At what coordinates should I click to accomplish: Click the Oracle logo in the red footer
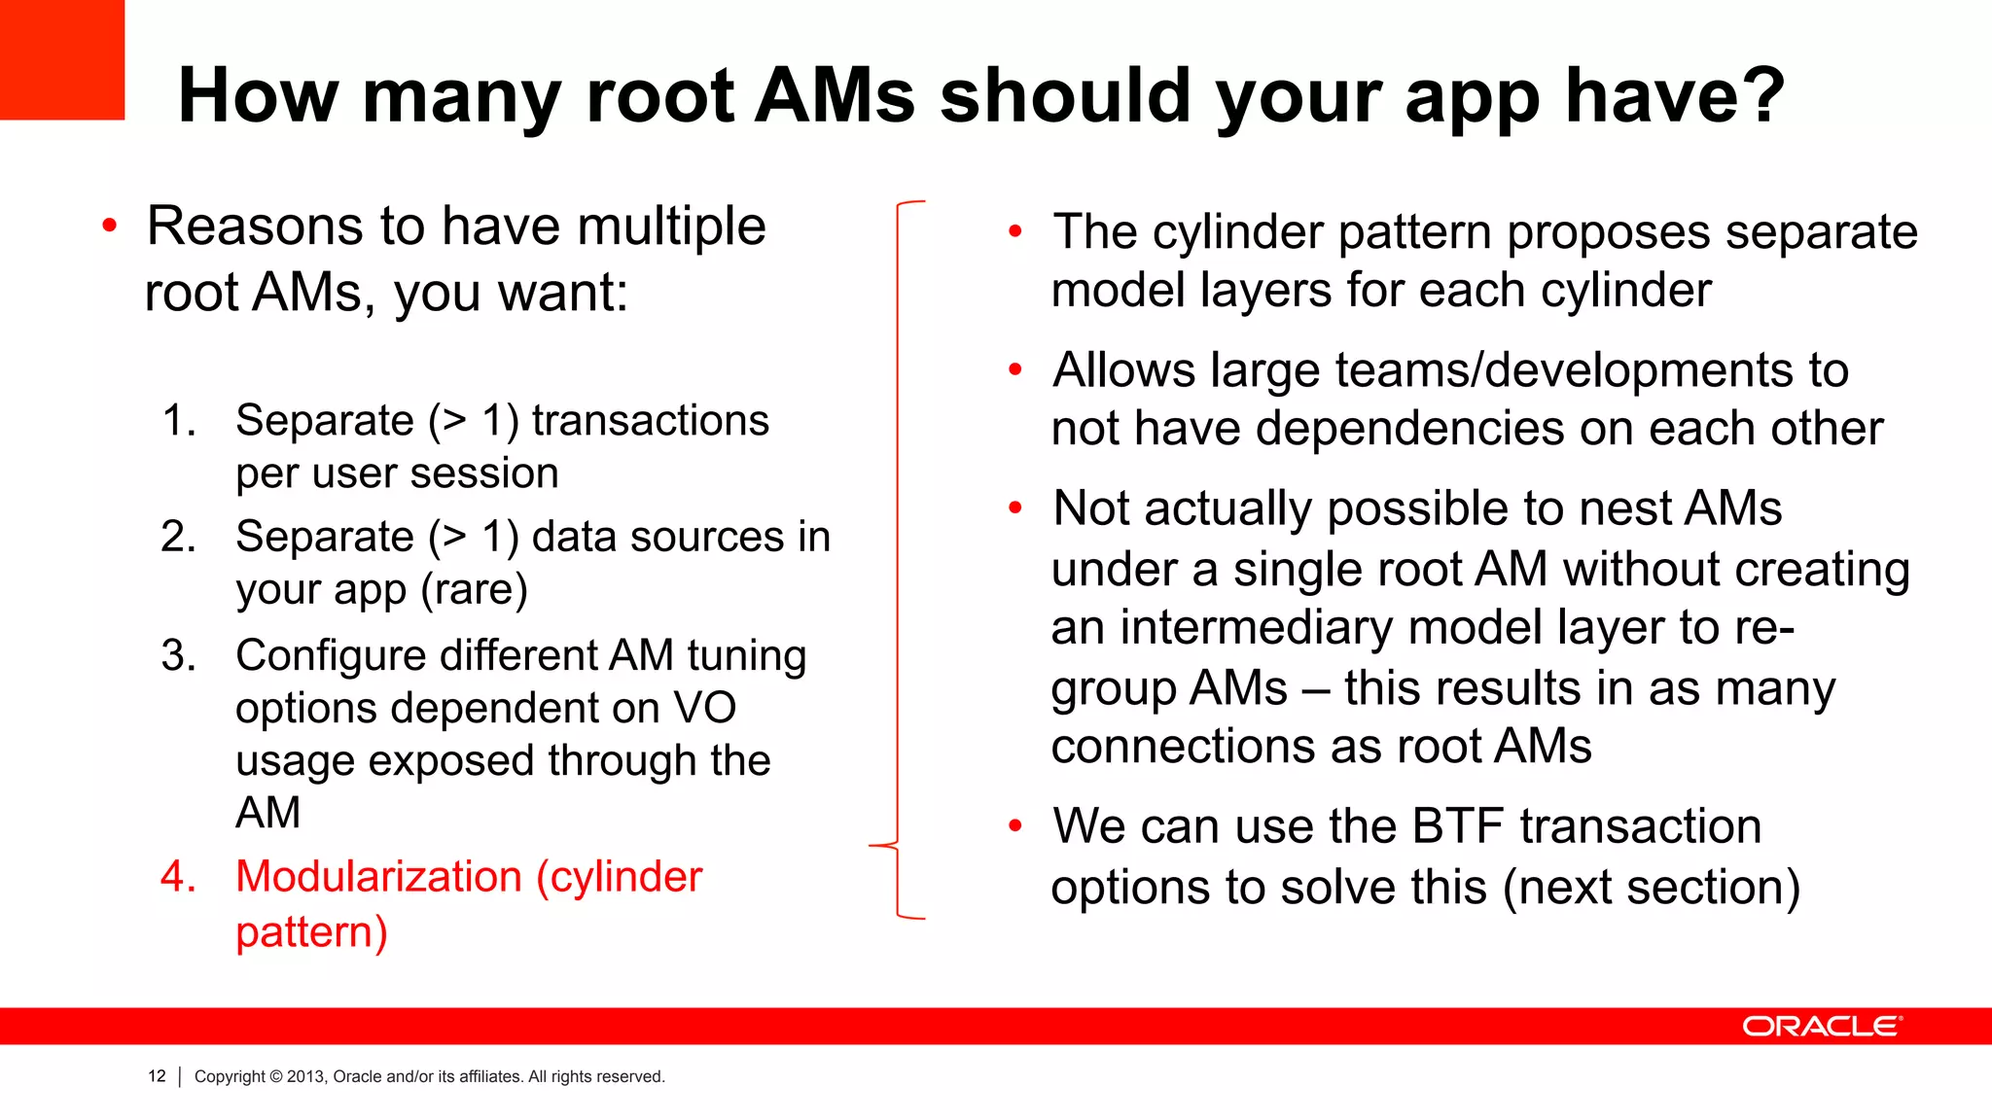click(x=1821, y=1027)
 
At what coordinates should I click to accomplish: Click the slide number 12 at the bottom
click(x=157, y=1076)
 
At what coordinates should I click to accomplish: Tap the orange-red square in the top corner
click(x=61, y=59)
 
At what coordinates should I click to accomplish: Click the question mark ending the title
click(x=1758, y=95)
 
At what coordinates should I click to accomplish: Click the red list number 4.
click(x=178, y=877)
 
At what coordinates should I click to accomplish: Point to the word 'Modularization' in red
click(x=378, y=877)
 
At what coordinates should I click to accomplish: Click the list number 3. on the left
click(x=178, y=656)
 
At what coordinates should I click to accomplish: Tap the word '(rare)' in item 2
click(x=475, y=589)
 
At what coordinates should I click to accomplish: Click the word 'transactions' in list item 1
click(x=650, y=421)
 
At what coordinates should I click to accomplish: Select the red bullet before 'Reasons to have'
click(x=110, y=227)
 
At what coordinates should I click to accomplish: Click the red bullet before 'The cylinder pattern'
click(x=1015, y=231)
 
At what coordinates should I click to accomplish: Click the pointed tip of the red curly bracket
click(x=871, y=846)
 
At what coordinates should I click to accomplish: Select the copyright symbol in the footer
click(x=276, y=1076)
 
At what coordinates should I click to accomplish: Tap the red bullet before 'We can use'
click(x=1015, y=826)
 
